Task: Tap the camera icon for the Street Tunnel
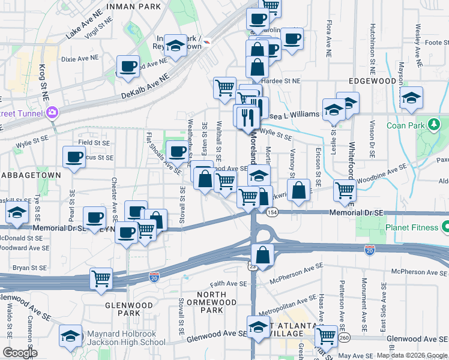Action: click(x=52, y=112)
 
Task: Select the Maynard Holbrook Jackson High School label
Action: click(x=126, y=338)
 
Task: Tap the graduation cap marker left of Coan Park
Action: click(x=411, y=97)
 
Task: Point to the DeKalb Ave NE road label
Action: click(x=145, y=85)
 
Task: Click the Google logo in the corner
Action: click(x=20, y=352)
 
